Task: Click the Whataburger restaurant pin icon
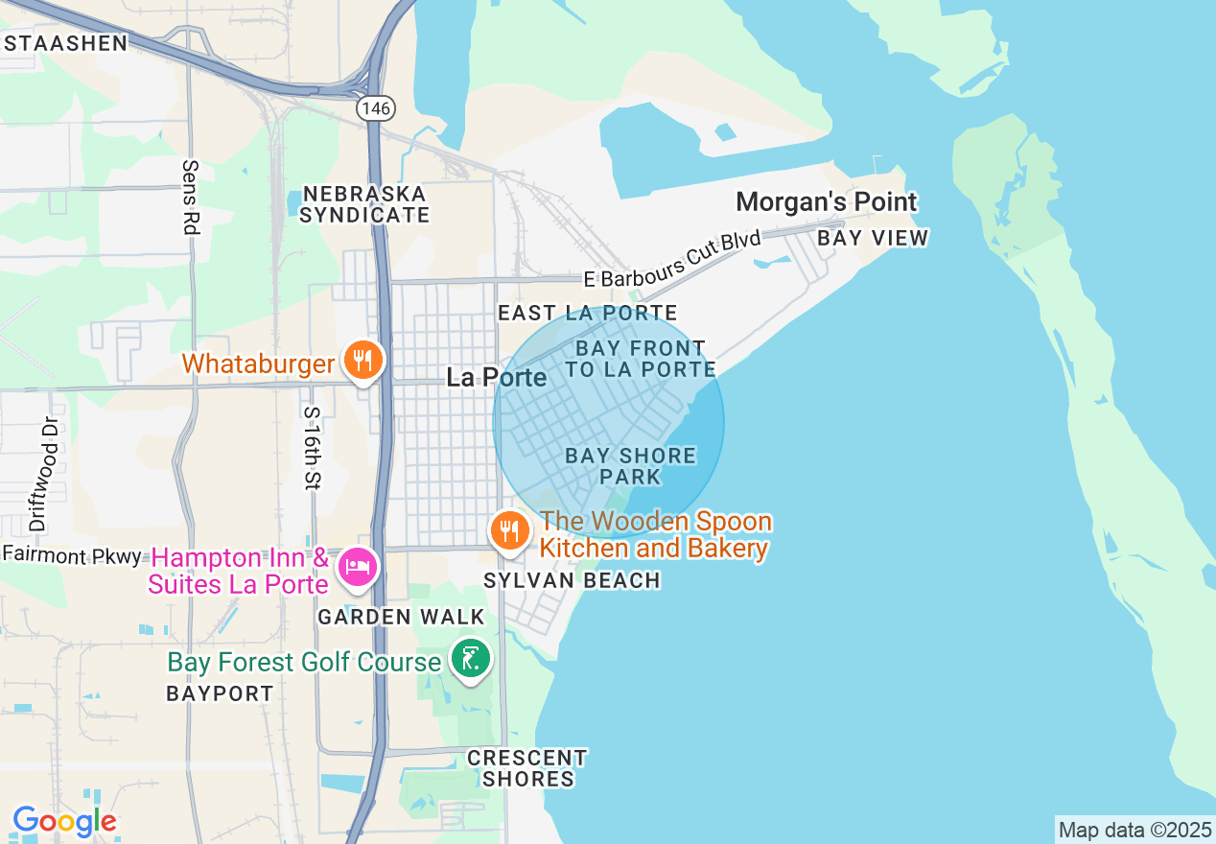(x=362, y=361)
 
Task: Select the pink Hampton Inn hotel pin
(x=357, y=566)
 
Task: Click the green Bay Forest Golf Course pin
(x=469, y=659)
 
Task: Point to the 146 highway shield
(x=375, y=108)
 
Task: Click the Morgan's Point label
(x=826, y=202)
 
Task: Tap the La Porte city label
(x=497, y=378)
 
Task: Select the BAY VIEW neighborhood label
(x=873, y=238)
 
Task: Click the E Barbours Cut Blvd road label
(x=672, y=259)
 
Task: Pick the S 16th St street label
(x=311, y=448)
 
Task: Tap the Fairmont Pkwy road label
(x=72, y=554)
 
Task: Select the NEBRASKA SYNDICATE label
(x=363, y=204)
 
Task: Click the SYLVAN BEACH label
(x=572, y=580)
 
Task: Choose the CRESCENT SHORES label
(x=527, y=768)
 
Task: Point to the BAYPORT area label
(x=220, y=693)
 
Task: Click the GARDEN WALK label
(x=401, y=617)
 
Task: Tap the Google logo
(x=64, y=822)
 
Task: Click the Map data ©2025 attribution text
(x=1134, y=830)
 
